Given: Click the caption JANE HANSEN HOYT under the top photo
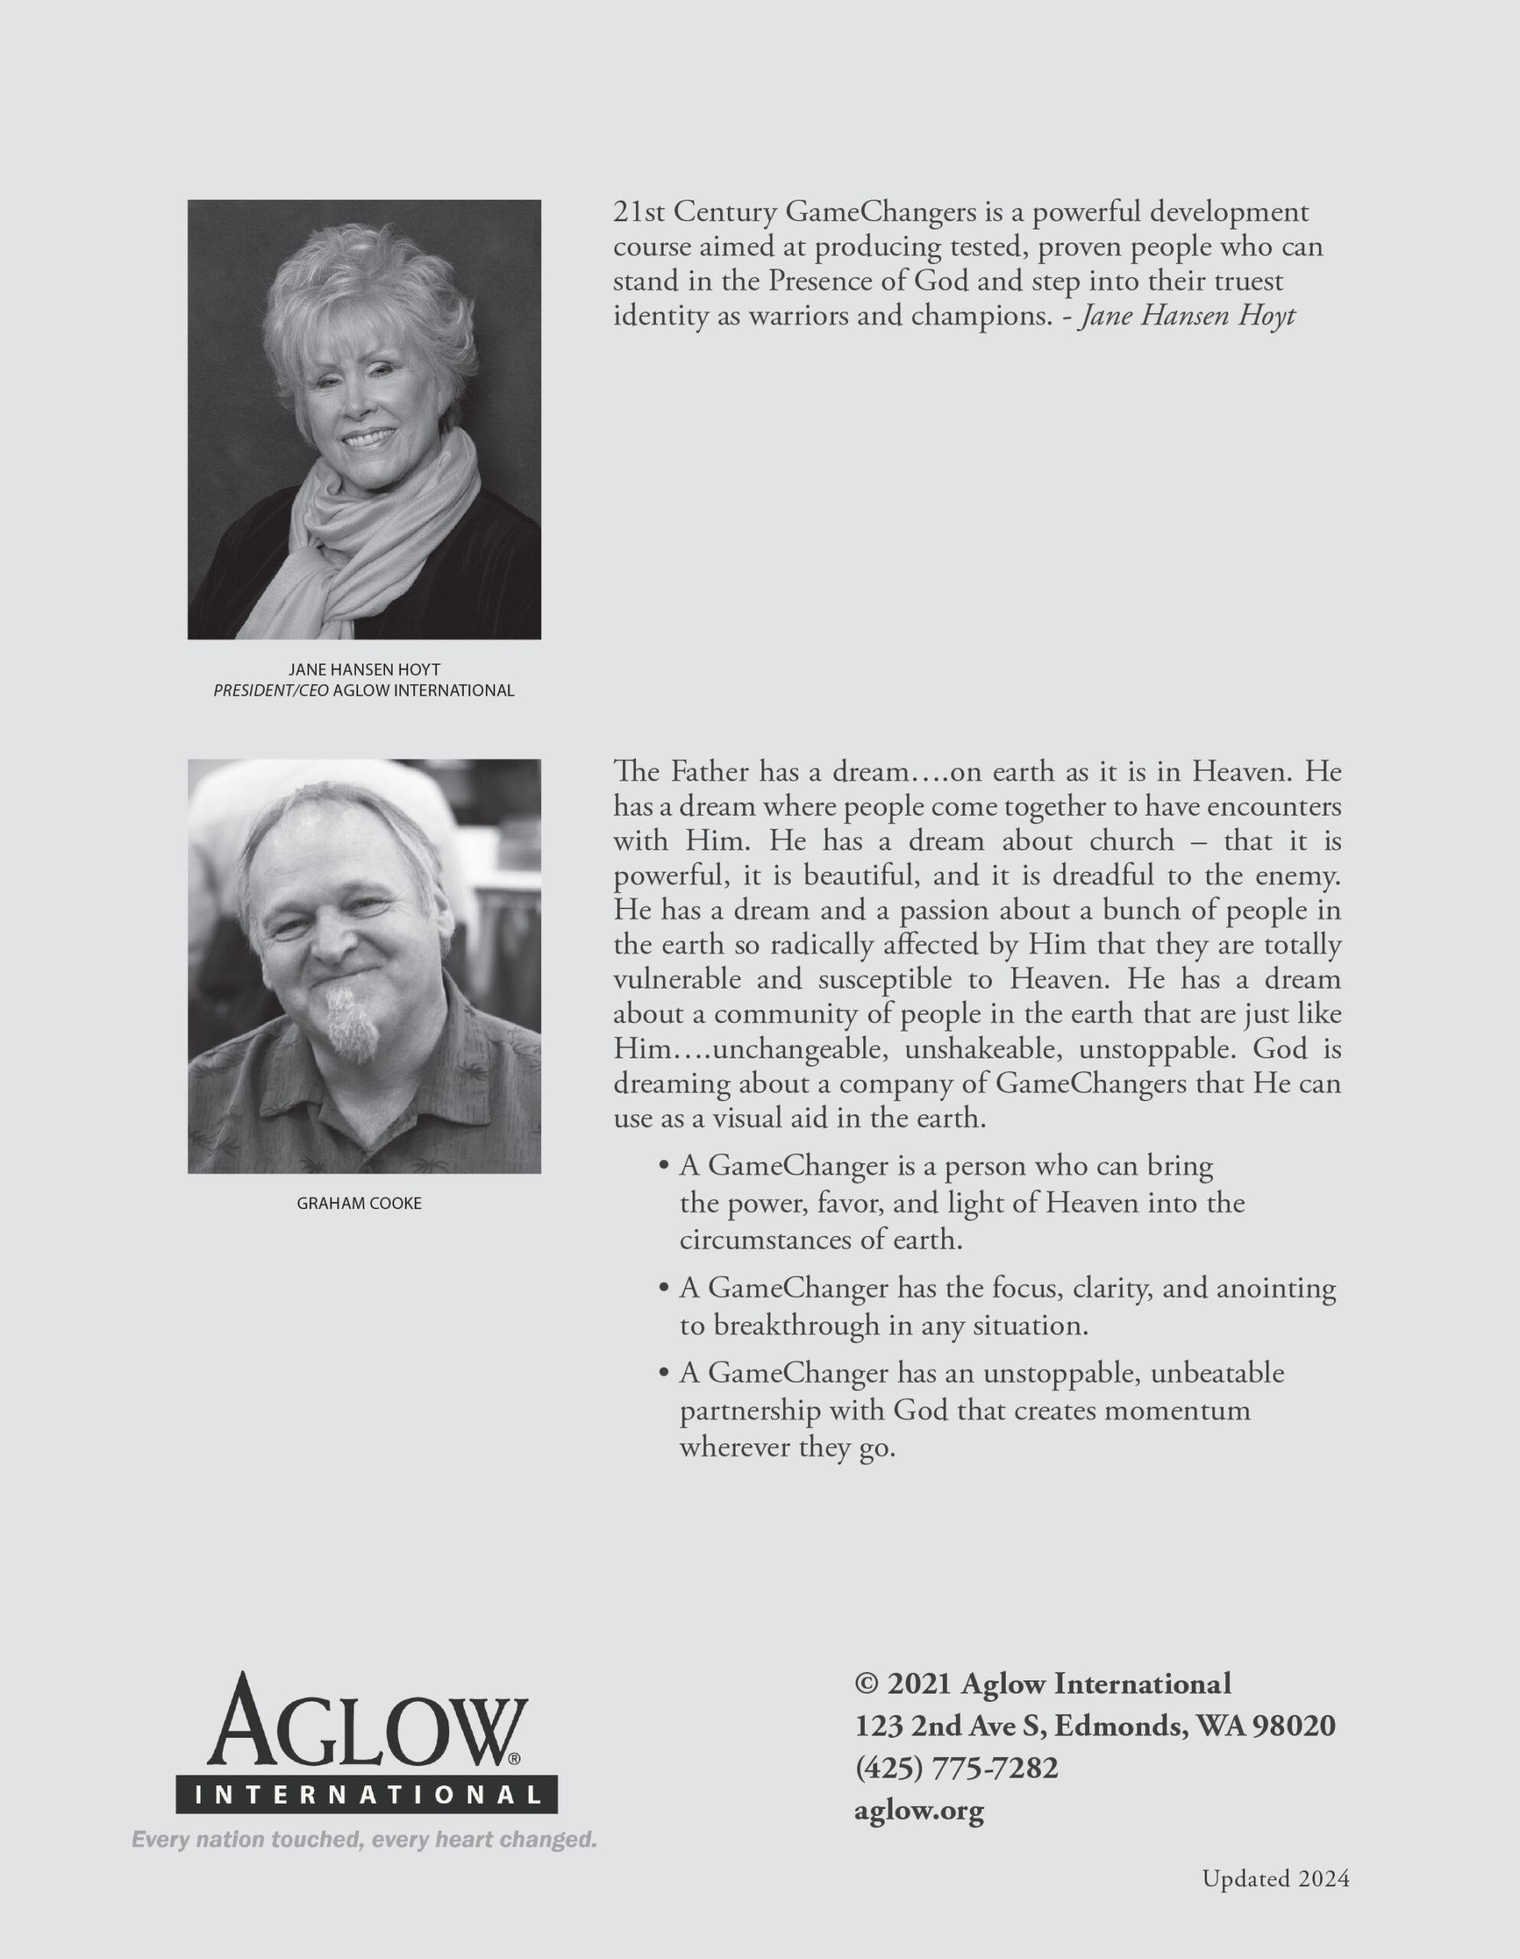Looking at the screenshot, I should (x=364, y=670).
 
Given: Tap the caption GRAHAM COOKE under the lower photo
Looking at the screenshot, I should (x=359, y=1204).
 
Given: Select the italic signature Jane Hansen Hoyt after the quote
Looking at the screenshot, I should (x=1186, y=318).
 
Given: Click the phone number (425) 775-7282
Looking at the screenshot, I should (x=957, y=1768).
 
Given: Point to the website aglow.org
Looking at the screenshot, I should (x=920, y=1811).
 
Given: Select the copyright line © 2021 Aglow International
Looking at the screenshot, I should (x=1043, y=1683).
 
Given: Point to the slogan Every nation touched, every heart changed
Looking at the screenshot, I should (x=364, y=1840).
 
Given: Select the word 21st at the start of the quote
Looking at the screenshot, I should (x=639, y=214).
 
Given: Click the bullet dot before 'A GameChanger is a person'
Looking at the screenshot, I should (x=664, y=1167).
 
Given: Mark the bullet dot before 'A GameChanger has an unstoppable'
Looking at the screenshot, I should (x=664, y=1374).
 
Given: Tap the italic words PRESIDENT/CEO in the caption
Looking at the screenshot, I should (x=265, y=691).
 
